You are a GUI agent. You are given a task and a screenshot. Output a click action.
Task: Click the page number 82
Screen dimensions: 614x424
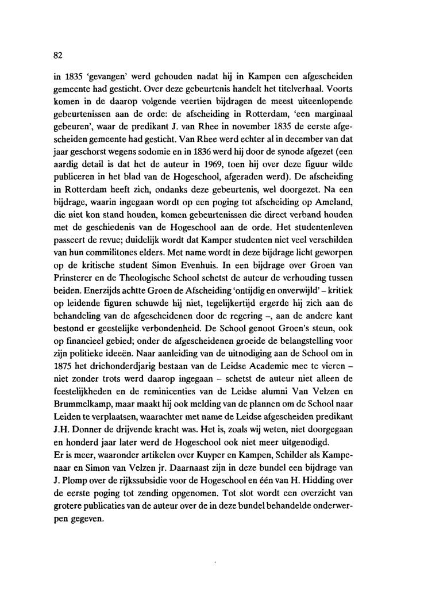click(x=56, y=55)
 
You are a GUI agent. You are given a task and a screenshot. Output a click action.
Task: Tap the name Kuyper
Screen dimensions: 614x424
click(x=211, y=443)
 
